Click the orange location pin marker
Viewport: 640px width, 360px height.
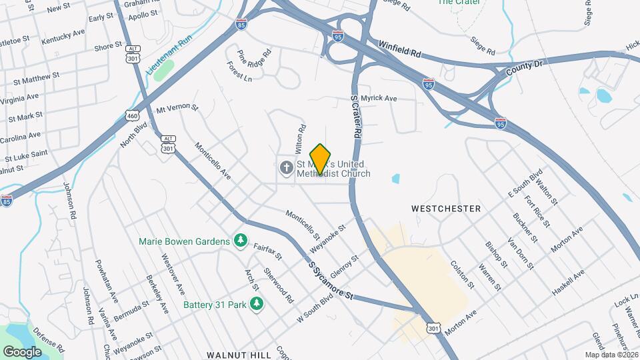point(320,159)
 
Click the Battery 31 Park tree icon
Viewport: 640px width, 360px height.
point(256,305)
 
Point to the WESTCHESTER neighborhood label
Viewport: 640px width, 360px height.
point(446,209)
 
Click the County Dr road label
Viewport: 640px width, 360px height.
point(526,65)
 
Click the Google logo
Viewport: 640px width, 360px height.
point(22,351)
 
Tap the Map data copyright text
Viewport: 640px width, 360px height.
point(611,355)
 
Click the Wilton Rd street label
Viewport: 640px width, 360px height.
point(301,136)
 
